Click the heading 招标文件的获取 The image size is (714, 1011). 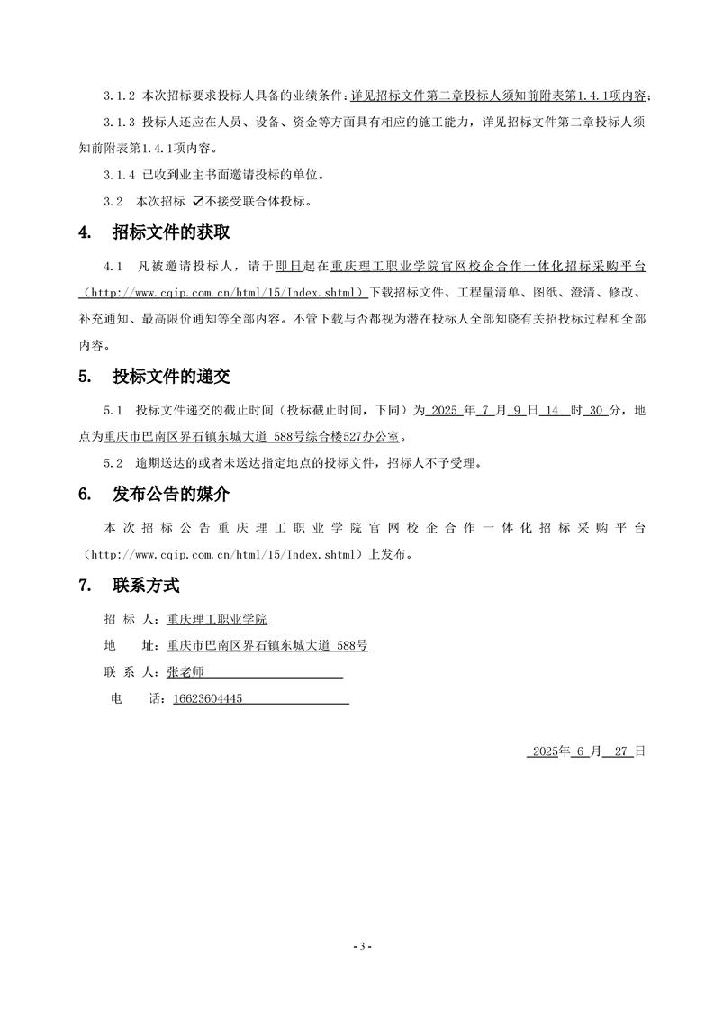click(171, 232)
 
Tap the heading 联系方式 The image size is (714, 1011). click(146, 586)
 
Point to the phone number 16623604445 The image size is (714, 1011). click(208, 698)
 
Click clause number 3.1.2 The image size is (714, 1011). click(119, 96)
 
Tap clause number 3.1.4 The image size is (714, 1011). click(119, 174)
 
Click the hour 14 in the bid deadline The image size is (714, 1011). click(554, 410)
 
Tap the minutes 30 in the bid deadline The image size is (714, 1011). click(595, 410)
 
